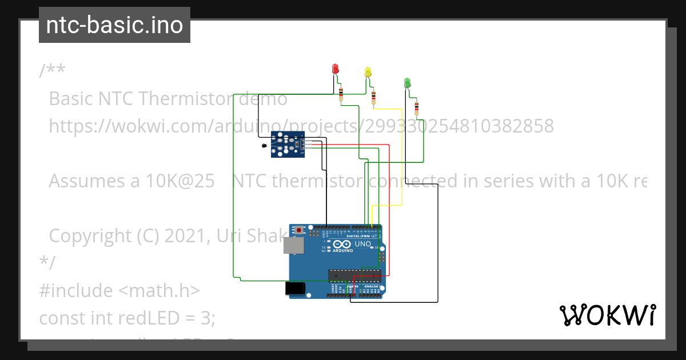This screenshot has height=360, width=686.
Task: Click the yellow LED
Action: [x=368, y=72]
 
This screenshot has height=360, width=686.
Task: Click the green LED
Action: [x=407, y=83]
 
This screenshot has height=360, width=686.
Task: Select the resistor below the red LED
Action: [x=341, y=93]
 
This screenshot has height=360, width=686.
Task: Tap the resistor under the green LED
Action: [x=417, y=107]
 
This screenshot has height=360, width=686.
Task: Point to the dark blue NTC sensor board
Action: [x=288, y=144]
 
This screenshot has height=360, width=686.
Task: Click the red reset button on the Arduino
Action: [x=299, y=230]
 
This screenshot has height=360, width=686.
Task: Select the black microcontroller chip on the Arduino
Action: [x=354, y=275]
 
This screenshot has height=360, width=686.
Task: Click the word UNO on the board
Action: [x=363, y=244]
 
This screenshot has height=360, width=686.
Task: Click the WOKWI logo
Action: [x=607, y=315]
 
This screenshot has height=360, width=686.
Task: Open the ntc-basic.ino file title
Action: [x=114, y=25]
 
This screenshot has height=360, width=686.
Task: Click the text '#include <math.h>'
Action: [x=119, y=290]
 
